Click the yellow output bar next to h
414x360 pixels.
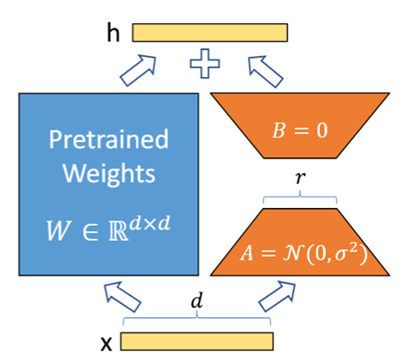tap(210, 33)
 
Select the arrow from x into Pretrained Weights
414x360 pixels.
tap(118, 294)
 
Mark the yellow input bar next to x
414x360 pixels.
tap(196, 341)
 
